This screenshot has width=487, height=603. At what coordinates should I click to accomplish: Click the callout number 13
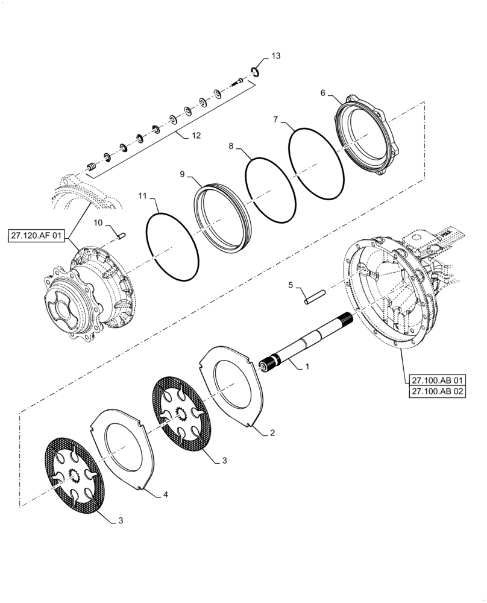click(x=275, y=56)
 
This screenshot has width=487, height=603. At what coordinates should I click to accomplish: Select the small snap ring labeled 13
click(x=256, y=72)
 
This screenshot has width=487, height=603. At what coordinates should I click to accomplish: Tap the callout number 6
click(x=323, y=93)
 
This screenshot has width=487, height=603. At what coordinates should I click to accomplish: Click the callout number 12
click(x=196, y=136)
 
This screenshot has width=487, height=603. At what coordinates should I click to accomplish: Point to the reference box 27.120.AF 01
click(x=36, y=235)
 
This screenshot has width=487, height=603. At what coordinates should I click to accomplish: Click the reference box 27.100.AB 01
click(x=438, y=380)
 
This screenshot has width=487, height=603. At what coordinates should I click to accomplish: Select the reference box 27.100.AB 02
click(x=438, y=392)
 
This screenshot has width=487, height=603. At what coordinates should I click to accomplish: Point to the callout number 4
click(x=166, y=494)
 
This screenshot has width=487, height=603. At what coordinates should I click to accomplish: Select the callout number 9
click(x=183, y=174)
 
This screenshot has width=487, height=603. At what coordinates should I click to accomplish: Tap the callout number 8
click(x=231, y=147)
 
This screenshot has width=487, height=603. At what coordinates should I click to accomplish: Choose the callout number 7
click(x=275, y=120)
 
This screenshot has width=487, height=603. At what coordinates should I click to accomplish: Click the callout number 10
click(x=98, y=223)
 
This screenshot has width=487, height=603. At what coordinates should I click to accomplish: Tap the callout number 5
click(x=290, y=285)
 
